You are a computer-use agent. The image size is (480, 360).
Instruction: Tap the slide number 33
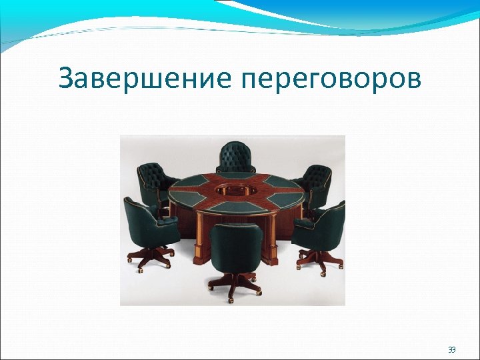452,349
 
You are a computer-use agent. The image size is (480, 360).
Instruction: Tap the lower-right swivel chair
321,226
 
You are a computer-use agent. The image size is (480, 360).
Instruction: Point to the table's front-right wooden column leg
272,244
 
